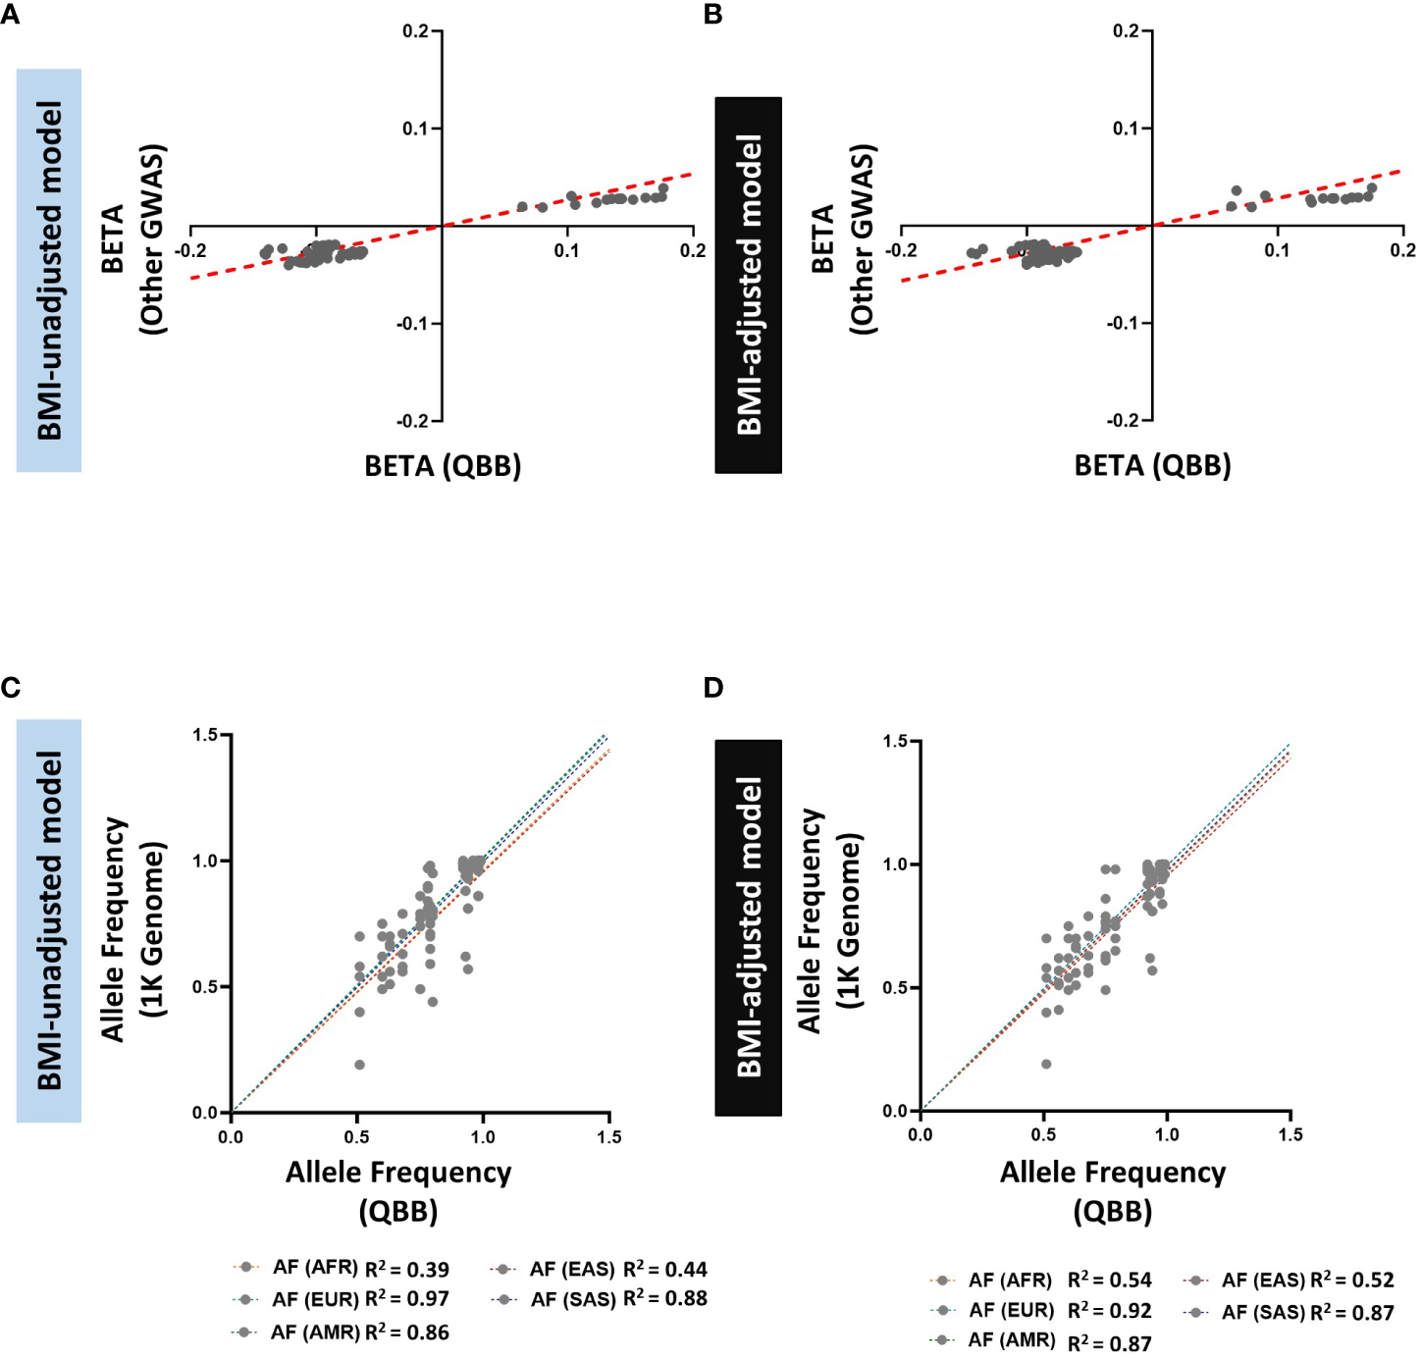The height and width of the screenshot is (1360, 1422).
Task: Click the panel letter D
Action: coord(713,688)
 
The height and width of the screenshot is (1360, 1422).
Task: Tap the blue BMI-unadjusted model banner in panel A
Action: coord(49,270)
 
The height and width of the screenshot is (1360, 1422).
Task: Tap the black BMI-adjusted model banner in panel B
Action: coord(748,285)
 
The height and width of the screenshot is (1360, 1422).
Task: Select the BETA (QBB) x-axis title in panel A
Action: coord(443,465)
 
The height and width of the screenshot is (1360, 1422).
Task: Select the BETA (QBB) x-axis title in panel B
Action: coord(1152,465)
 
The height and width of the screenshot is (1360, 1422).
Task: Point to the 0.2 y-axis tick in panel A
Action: coord(415,31)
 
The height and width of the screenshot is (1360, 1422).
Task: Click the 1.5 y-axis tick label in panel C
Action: coord(205,735)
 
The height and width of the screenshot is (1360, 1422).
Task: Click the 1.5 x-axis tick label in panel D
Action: coord(1290,1135)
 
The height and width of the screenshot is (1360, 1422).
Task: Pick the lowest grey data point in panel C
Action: coord(359,1065)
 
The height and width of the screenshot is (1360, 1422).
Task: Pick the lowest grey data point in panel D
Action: coord(1046,1064)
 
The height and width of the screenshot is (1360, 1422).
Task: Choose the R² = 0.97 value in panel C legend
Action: coord(406,1299)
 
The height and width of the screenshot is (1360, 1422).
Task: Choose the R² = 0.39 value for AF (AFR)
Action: coord(406,1270)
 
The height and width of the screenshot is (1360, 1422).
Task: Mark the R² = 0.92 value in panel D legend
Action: coord(1109,1311)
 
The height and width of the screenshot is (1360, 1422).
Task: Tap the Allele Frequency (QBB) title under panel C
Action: coord(398,1191)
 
